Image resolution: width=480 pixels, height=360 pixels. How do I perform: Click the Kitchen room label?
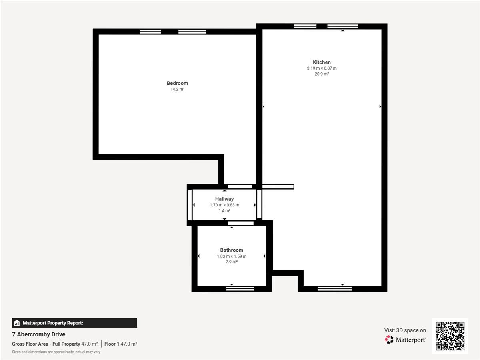coord(322,62)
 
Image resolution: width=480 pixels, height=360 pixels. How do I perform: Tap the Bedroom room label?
coord(177,83)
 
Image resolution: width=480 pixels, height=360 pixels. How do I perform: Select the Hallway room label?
coord(224,199)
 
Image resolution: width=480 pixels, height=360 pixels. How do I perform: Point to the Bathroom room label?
coord(232,250)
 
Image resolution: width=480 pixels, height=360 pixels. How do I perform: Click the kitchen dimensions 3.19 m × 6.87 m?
coord(322,68)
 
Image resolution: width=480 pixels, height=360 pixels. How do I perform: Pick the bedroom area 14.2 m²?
coord(177,89)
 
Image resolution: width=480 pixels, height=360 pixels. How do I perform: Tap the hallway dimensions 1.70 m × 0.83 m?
coord(224,205)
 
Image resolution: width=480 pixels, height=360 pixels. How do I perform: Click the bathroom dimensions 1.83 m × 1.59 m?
coord(232,256)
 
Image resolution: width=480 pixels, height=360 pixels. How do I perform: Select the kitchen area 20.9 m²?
coord(322,74)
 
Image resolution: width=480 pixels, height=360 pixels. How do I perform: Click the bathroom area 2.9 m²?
coord(232,262)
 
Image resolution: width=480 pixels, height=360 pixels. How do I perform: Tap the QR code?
coord(450,336)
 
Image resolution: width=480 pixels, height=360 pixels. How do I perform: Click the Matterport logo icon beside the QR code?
coord(389,340)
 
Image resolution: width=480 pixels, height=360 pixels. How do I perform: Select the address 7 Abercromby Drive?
coord(39,334)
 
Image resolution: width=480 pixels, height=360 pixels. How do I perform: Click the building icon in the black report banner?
coord(17,323)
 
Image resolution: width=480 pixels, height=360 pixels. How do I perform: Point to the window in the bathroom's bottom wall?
coord(240,289)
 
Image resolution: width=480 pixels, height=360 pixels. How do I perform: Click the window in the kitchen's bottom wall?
coord(334,289)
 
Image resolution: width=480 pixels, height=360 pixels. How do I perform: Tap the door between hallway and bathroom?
coord(240,223)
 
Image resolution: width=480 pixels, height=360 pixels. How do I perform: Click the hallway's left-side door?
coord(190,205)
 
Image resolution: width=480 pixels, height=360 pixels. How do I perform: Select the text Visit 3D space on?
coord(405,330)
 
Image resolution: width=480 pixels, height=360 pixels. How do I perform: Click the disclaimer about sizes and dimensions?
coord(56,352)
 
